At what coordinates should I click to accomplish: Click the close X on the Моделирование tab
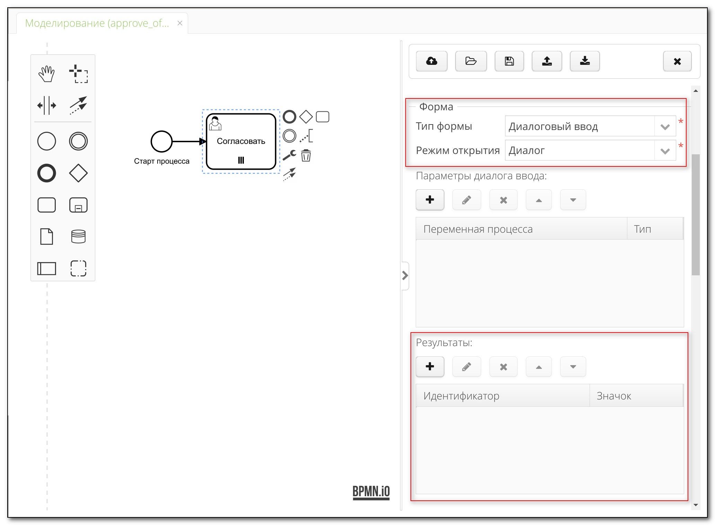[x=180, y=23]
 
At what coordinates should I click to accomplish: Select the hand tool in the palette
[x=46, y=74]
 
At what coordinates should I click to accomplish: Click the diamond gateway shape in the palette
[x=78, y=173]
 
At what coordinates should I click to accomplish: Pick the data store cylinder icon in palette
[x=78, y=236]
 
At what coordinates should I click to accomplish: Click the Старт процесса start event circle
[x=161, y=141]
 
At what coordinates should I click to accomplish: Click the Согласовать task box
[x=241, y=141]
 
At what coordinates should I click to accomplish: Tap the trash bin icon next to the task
[x=306, y=155]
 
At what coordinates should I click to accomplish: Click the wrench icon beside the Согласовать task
[x=289, y=155]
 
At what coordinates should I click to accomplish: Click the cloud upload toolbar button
[x=432, y=61]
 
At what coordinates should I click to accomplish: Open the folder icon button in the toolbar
[x=471, y=61]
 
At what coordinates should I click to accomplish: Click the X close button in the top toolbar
[x=677, y=61]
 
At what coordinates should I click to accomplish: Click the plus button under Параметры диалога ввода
[x=430, y=200]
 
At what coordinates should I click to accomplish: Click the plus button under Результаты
[x=430, y=367]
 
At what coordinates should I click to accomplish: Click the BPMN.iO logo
[x=371, y=492]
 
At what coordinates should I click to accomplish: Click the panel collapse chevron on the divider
[x=405, y=276]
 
